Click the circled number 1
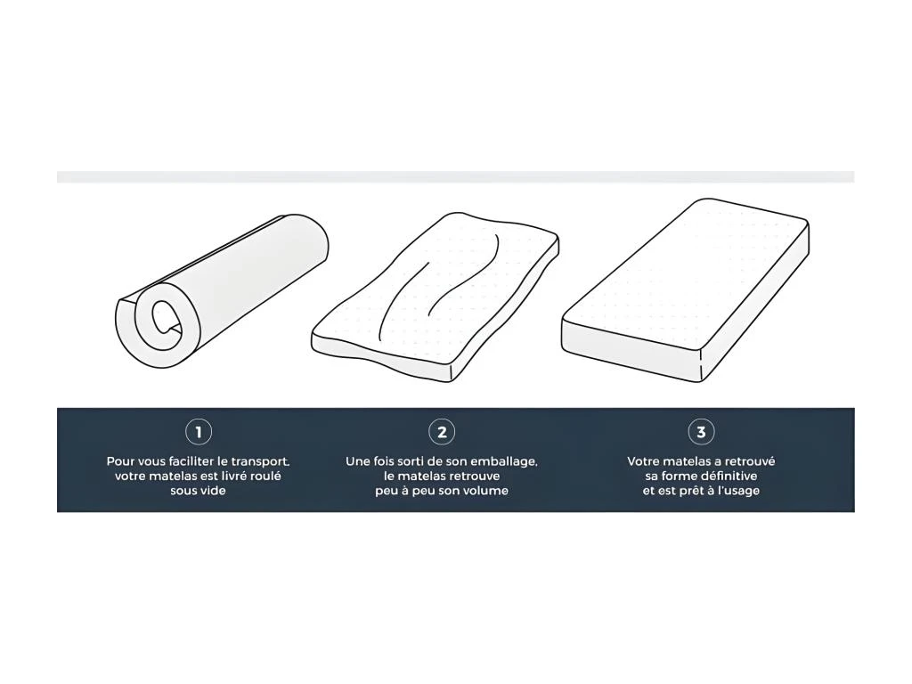(199, 432)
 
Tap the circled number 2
(442, 432)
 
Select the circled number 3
(701, 432)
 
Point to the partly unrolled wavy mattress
(435, 297)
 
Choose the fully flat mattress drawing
(685, 290)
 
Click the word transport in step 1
(260, 462)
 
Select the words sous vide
(198, 491)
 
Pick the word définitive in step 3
(729, 476)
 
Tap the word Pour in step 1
(120, 462)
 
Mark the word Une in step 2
(358, 462)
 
